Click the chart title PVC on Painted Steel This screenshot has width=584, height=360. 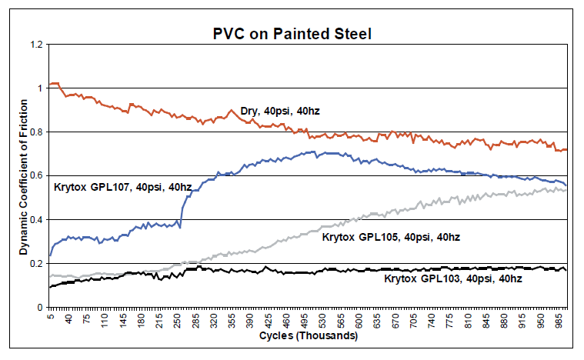click(293, 34)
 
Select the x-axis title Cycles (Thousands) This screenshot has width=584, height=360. click(307, 337)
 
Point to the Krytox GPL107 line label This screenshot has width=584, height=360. click(122, 187)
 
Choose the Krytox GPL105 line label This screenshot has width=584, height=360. click(390, 237)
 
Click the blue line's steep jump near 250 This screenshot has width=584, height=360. click(182, 208)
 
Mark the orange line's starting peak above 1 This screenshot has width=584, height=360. click(55, 83)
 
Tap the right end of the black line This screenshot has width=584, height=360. click(566, 270)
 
